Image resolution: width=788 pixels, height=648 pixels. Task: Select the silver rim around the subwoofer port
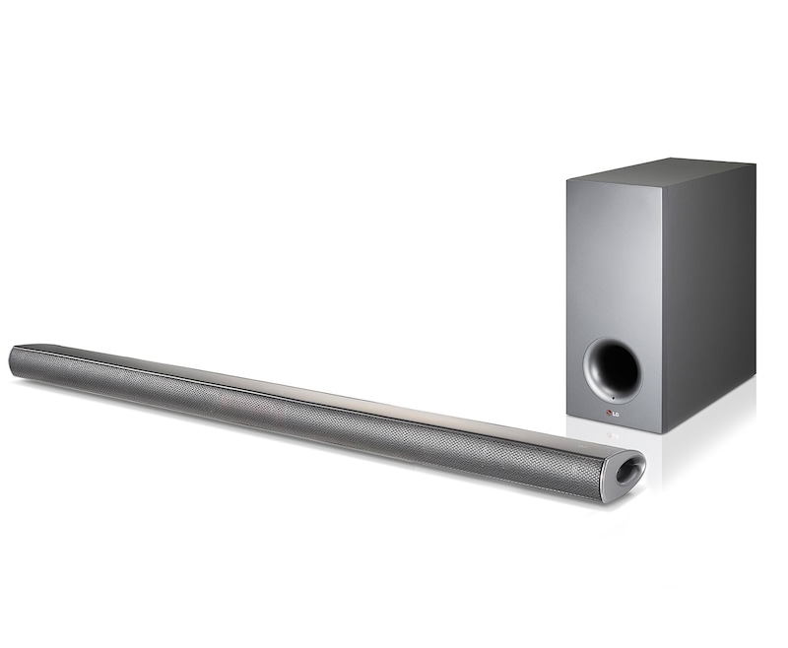tap(590, 373)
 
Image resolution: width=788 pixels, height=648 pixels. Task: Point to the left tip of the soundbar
tap(12, 359)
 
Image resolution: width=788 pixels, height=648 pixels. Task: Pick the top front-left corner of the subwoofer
tap(567, 179)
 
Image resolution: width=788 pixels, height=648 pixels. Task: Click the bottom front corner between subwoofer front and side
tap(663, 431)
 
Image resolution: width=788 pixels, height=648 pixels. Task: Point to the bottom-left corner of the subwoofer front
tap(567, 415)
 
